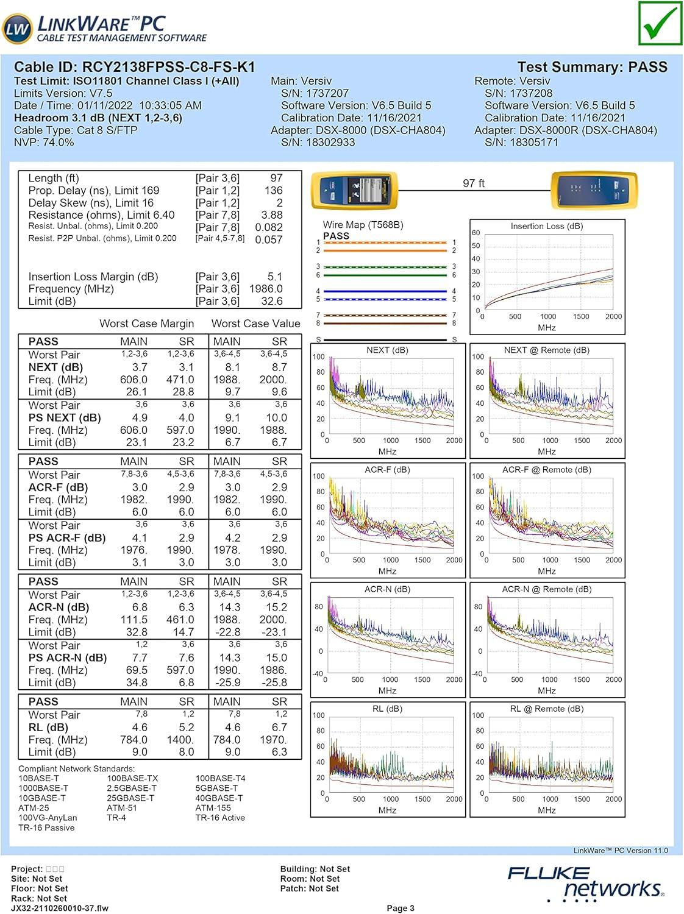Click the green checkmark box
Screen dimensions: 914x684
click(x=660, y=24)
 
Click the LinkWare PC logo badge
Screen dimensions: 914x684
click(x=17, y=28)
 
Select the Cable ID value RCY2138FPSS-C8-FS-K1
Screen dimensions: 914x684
click(x=168, y=67)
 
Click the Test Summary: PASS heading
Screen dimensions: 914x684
click(x=592, y=67)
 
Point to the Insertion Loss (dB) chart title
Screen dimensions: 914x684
click(x=546, y=226)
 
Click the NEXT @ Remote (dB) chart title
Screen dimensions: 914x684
click(x=546, y=350)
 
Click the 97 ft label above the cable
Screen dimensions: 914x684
click(x=474, y=183)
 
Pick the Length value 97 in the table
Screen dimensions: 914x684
click(x=276, y=178)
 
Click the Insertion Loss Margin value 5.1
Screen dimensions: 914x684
click(x=274, y=277)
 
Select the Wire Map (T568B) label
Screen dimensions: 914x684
click(x=363, y=225)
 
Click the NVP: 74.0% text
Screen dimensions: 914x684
click(x=44, y=143)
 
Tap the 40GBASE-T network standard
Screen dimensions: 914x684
click(x=219, y=798)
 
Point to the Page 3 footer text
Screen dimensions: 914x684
click(x=401, y=908)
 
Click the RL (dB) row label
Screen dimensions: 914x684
click(x=48, y=728)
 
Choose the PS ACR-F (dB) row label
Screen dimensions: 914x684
click(x=66, y=538)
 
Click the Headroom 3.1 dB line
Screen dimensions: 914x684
click(x=98, y=118)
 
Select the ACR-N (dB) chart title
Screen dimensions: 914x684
click(x=387, y=589)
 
